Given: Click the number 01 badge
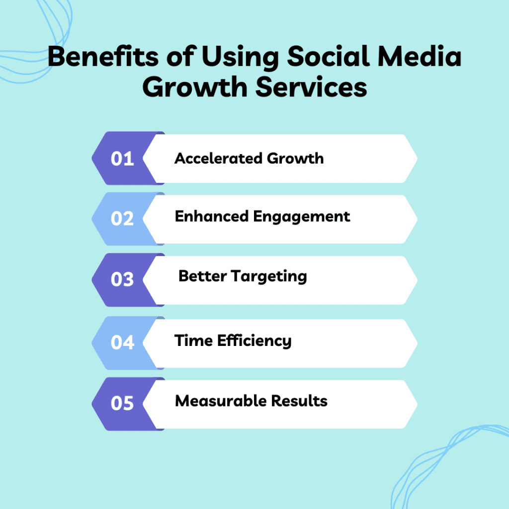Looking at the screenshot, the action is point(122,159).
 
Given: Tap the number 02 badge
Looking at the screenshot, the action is point(122,219).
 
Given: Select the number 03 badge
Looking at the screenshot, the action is point(122,279).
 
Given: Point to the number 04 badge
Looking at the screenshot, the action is point(122,342).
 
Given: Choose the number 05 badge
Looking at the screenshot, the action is point(122,403).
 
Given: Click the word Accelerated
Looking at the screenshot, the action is point(219,159).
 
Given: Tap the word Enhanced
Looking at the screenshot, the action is point(212,216).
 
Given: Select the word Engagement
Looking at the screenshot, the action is point(302,217).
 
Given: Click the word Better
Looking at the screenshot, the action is point(203,276).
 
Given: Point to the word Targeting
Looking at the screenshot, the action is point(269,277).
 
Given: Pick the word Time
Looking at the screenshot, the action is point(193,340).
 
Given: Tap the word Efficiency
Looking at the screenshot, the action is point(254,341).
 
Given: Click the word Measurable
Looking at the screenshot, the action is point(220,401).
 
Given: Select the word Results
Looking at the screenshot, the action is point(299,401).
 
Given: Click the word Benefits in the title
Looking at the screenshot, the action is point(103,56).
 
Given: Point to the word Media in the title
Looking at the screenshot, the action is point(420,56).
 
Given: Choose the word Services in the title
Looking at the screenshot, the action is point(311,87).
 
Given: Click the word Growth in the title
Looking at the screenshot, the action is point(195,87).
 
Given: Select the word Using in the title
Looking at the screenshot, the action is point(240,58).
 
